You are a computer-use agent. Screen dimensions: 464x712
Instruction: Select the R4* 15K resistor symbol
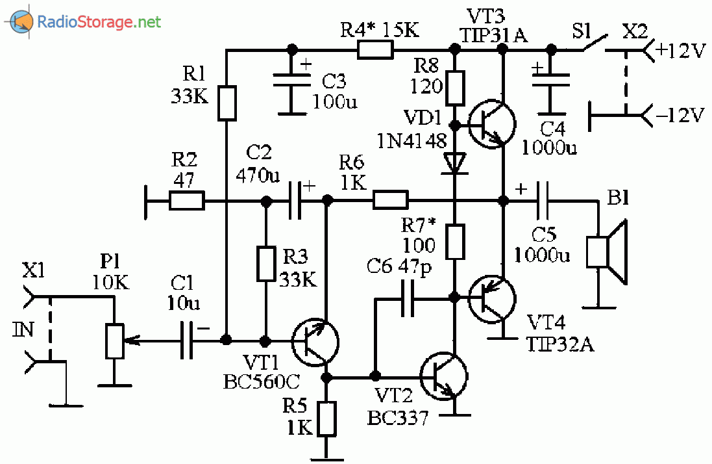point(376,49)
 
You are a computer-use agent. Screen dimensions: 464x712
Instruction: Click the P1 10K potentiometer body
point(114,340)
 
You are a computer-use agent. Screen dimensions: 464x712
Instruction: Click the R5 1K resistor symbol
point(326,418)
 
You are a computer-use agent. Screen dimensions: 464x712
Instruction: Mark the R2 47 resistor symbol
point(187,201)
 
